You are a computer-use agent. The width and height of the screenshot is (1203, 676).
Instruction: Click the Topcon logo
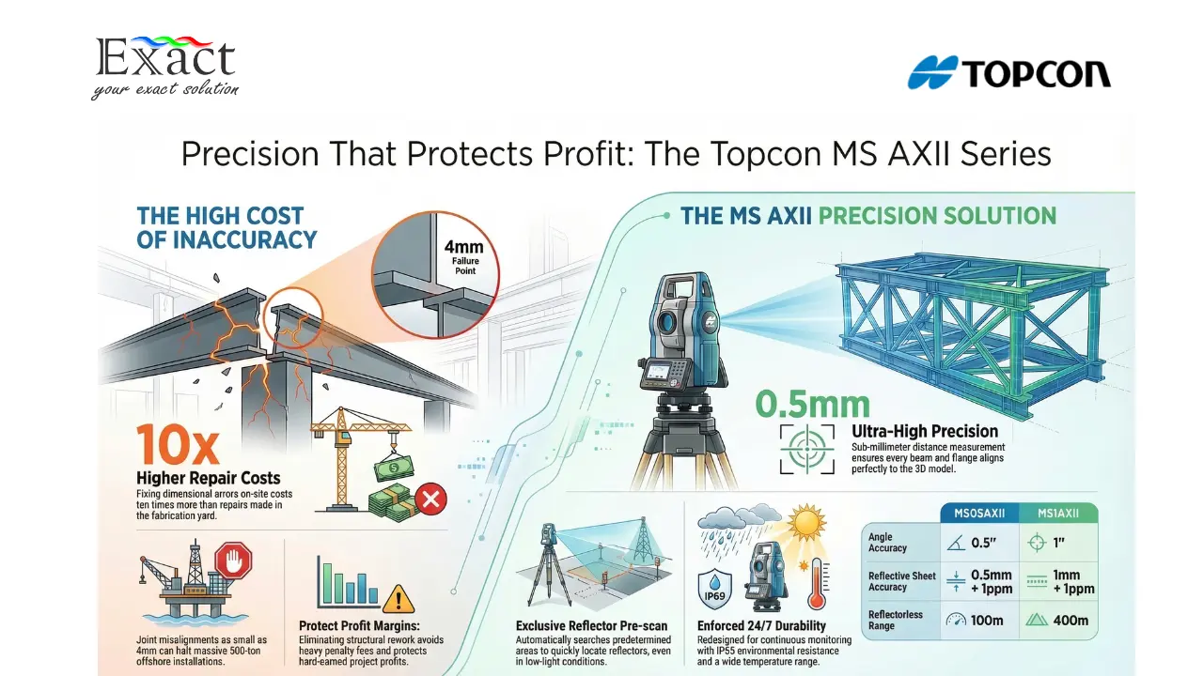(x=1008, y=73)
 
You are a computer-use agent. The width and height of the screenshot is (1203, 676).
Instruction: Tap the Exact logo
(x=165, y=66)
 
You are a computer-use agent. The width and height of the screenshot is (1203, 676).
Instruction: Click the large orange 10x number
(x=176, y=444)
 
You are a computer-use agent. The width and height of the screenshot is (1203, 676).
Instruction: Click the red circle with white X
(x=430, y=500)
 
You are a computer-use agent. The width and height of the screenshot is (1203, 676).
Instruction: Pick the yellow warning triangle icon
(x=398, y=597)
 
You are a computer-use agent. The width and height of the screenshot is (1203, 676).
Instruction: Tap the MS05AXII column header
(x=980, y=514)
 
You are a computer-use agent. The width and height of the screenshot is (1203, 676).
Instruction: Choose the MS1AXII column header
(x=1058, y=514)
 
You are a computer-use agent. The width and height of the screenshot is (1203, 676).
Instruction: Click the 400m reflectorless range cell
(x=1058, y=621)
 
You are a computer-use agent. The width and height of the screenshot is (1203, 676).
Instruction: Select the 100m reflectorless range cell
(x=980, y=621)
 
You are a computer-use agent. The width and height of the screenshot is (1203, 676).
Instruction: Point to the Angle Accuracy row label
(x=888, y=543)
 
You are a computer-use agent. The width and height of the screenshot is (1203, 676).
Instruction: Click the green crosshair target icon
(x=806, y=448)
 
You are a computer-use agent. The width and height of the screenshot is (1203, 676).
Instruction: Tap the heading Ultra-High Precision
(x=924, y=431)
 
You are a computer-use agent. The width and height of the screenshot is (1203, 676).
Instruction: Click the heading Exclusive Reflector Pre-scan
(x=591, y=626)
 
